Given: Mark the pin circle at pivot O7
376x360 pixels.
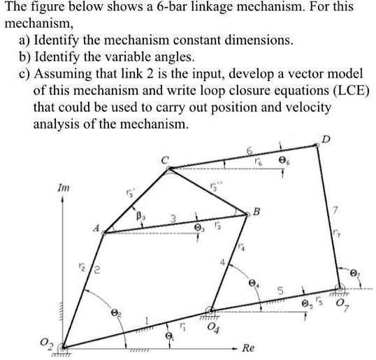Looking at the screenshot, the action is (340, 287).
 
